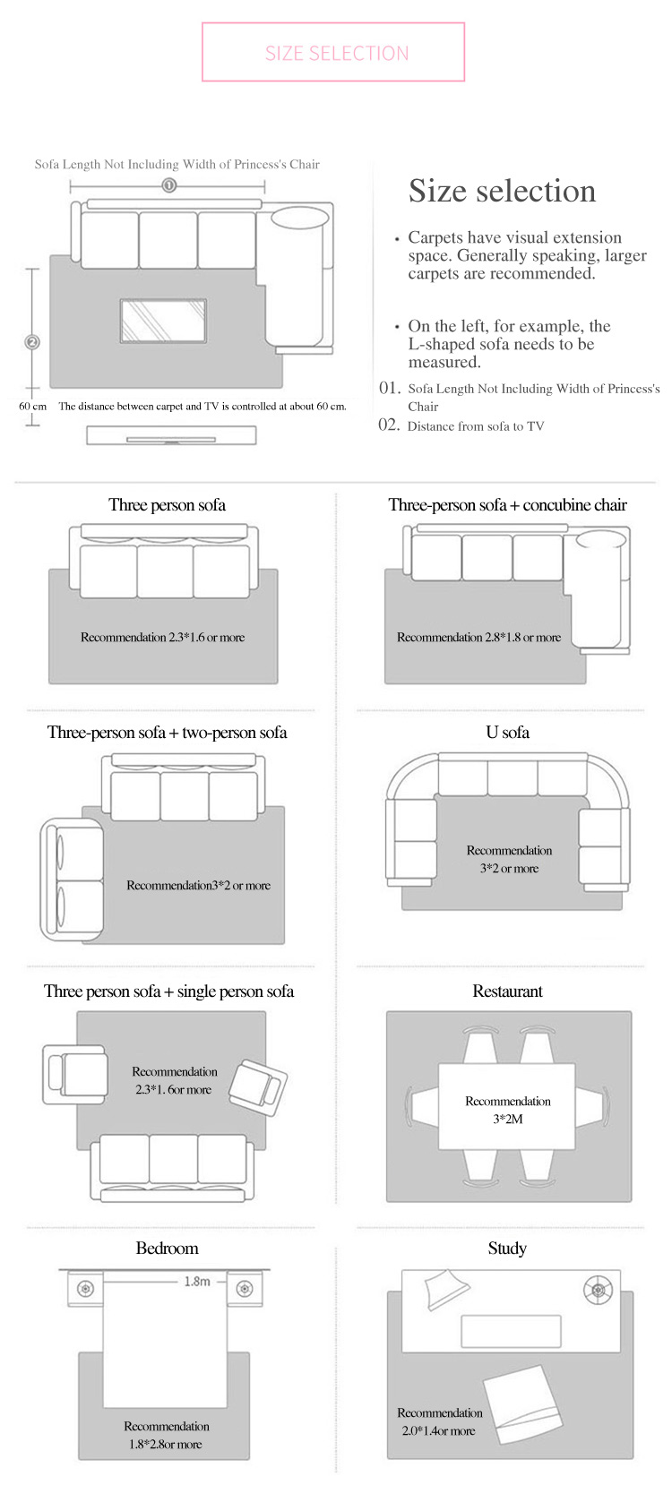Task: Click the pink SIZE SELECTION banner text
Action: click(x=337, y=53)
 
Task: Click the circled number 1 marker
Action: click(x=169, y=185)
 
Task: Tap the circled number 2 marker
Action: click(x=32, y=342)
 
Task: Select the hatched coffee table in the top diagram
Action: click(x=163, y=322)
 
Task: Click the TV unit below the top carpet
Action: click(x=171, y=435)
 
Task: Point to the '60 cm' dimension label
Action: click(x=32, y=407)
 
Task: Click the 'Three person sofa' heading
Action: click(x=168, y=505)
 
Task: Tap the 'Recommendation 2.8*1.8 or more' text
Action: click(x=479, y=637)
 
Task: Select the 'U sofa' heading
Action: click(x=507, y=733)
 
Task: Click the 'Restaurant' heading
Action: click(x=507, y=991)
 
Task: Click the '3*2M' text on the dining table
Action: click(x=507, y=1119)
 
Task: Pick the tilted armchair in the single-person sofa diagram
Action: click(x=258, y=1087)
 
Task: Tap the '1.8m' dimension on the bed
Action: click(x=197, y=1282)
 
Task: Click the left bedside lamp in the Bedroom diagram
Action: click(x=85, y=1289)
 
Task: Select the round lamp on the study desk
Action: click(x=598, y=1290)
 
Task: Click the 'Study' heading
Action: click(x=507, y=1249)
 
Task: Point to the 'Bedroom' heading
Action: click(x=168, y=1249)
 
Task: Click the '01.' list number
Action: click(x=390, y=388)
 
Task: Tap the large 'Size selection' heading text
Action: click(x=502, y=191)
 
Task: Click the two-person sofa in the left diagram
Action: click(x=72, y=880)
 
